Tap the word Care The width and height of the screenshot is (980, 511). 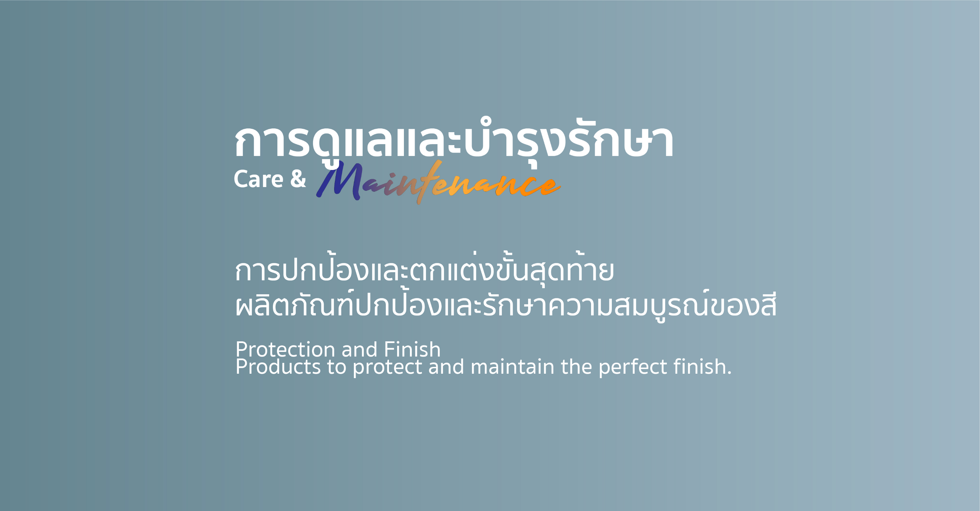pyautogui.click(x=258, y=179)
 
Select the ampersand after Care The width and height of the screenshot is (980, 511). pyautogui.click(x=298, y=179)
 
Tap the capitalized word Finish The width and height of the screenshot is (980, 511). pyautogui.click(x=412, y=349)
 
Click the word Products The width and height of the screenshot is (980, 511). pyautogui.click(x=278, y=367)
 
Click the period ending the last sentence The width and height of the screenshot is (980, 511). pyautogui.click(x=729, y=373)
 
